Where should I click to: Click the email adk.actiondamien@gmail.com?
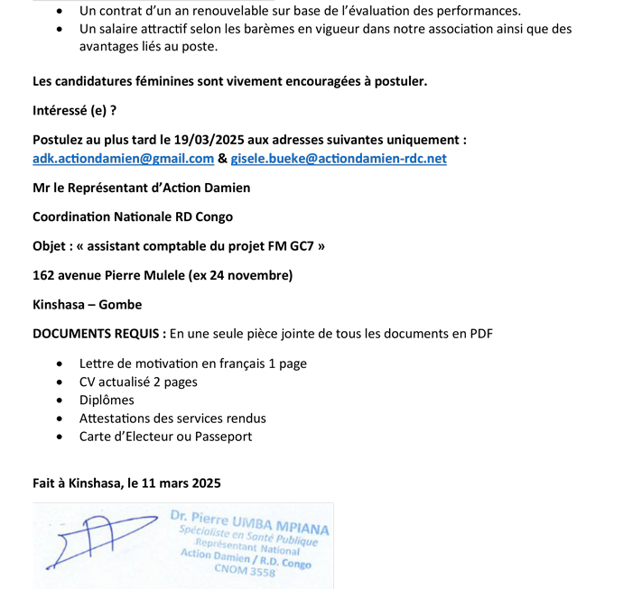[x=123, y=159]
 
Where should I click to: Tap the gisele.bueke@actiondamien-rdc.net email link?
[x=339, y=159]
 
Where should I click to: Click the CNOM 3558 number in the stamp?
[x=245, y=571]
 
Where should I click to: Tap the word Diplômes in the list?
[x=107, y=400]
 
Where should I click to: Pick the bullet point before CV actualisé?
[x=59, y=382]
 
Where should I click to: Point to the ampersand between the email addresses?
[x=222, y=159]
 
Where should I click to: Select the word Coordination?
[x=71, y=217]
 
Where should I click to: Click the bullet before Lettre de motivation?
[x=59, y=364]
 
